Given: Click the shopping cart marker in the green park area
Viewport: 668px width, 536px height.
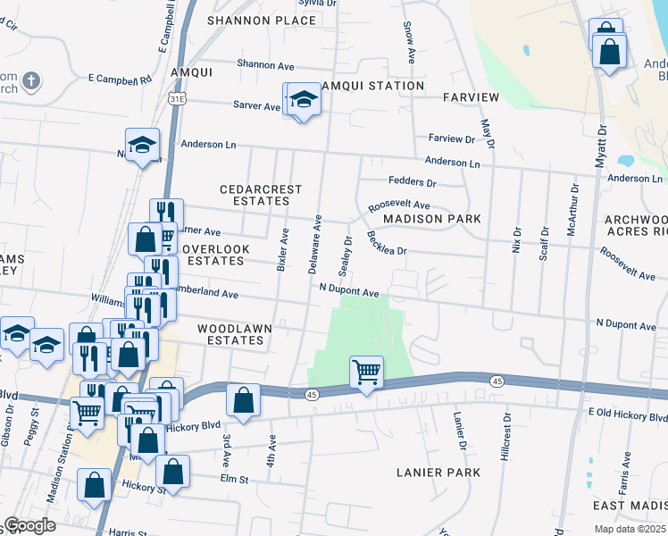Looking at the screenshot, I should tap(366, 372).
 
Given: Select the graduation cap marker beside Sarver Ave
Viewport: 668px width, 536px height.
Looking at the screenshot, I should tap(304, 100).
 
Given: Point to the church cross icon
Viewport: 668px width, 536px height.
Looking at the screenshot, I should tap(30, 81).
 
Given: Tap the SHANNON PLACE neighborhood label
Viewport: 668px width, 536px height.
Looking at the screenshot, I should tap(250, 20).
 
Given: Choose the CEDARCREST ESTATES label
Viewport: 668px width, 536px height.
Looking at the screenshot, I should tap(262, 196).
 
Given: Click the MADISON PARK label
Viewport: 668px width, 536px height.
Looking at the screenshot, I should tap(432, 219).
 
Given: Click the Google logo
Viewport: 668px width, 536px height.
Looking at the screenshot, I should tap(29, 525).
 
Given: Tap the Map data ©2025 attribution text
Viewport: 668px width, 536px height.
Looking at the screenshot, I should tap(630, 529).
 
